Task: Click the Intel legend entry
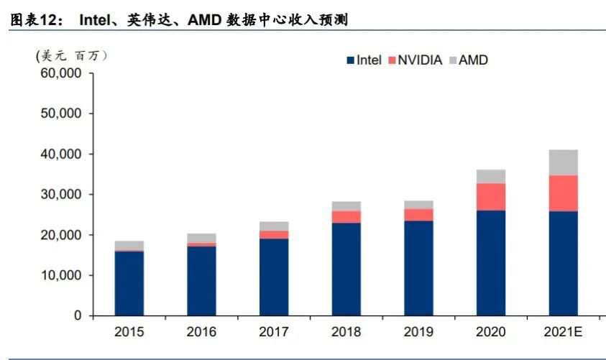click(364, 60)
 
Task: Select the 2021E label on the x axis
click(563, 331)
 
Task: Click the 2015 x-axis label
click(129, 331)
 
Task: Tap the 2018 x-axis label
click(346, 331)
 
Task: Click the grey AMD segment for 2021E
click(563, 162)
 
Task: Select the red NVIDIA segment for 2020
click(490, 196)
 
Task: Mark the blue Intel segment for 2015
click(129, 283)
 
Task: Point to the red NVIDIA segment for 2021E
click(563, 193)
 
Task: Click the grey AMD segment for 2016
click(201, 238)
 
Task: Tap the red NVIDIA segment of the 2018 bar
click(346, 216)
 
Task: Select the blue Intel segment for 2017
click(274, 277)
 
